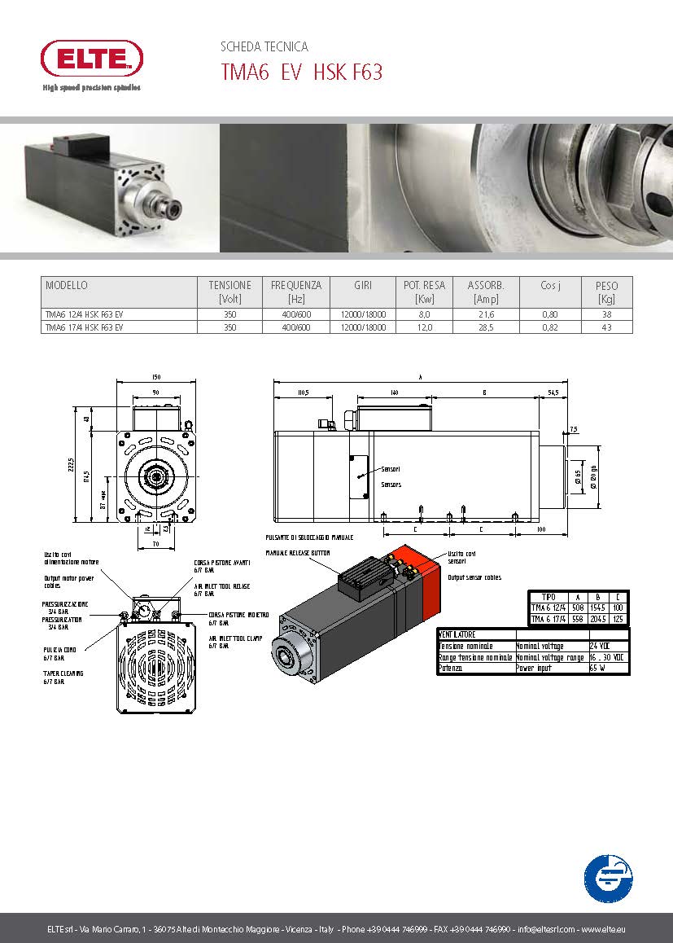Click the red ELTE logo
[x=91, y=59]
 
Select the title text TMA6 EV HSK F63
[x=301, y=72]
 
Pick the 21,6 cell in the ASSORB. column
[x=486, y=314]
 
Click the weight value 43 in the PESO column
[x=606, y=327]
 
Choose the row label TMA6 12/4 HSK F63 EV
[x=84, y=314]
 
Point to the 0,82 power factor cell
[x=550, y=327]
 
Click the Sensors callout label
[x=391, y=485]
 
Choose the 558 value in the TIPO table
[x=579, y=619]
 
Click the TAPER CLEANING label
[x=63, y=673]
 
